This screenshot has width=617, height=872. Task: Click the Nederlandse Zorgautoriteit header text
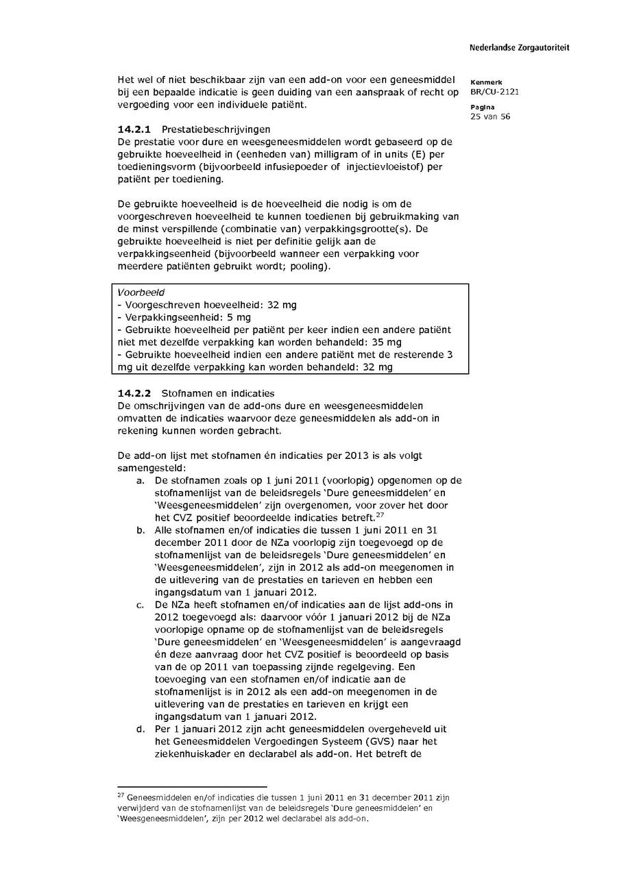click(x=519, y=48)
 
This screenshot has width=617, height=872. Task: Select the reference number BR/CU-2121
click(x=489, y=91)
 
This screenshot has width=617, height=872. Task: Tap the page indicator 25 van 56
click(x=490, y=116)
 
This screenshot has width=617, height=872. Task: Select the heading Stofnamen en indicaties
click(x=217, y=393)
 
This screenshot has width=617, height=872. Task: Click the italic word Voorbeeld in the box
click(x=136, y=292)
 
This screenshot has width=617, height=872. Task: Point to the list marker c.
click(x=140, y=605)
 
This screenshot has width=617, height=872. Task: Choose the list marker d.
click(x=140, y=730)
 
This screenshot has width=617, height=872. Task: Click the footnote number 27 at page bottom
click(x=121, y=796)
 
